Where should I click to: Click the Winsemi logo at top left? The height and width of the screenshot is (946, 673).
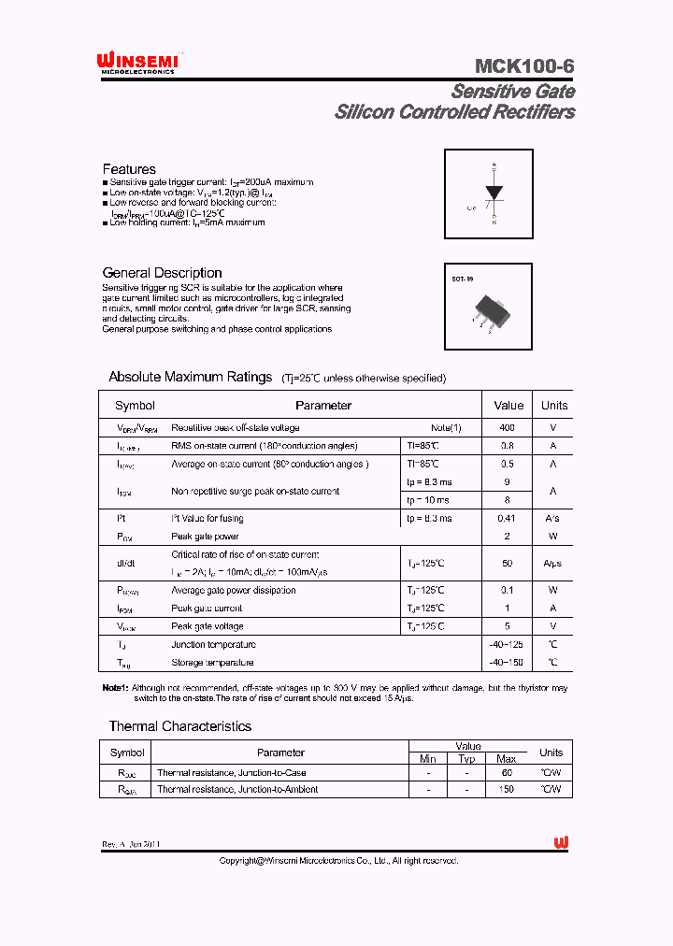[x=137, y=63]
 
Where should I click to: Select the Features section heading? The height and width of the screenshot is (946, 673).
[x=129, y=169]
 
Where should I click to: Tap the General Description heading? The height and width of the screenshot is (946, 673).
[x=162, y=273]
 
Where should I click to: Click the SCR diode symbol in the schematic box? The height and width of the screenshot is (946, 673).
[x=494, y=193]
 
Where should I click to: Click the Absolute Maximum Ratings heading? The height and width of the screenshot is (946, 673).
[x=190, y=377]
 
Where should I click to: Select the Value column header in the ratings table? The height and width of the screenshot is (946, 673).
[x=508, y=406]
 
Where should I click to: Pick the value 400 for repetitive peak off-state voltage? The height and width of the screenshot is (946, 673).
[x=508, y=428]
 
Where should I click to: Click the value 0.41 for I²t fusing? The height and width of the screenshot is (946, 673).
[x=508, y=518]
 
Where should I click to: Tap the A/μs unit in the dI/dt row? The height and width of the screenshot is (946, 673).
[x=553, y=564]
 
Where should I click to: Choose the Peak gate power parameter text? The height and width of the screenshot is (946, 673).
[x=205, y=537]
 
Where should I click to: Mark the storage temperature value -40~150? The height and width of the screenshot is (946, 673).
[x=508, y=663]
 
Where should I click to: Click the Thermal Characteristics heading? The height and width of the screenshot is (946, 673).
[x=179, y=726]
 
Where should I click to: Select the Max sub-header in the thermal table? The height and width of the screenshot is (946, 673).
[x=506, y=758]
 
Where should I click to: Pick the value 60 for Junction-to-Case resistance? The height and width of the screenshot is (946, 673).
[x=507, y=773]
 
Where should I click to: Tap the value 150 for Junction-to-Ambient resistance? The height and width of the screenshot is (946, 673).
[x=507, y=789]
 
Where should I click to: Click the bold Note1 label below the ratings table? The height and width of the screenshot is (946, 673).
[x=115, y=688]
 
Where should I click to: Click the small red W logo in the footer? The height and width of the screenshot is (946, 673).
[x=561, y=842]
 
